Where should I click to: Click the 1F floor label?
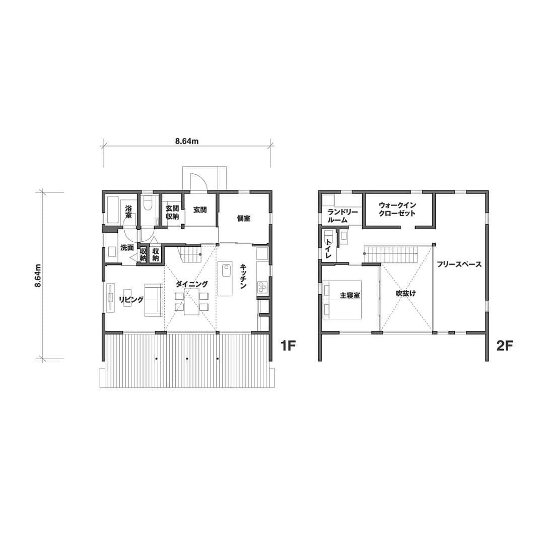288,346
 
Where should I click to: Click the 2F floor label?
505,346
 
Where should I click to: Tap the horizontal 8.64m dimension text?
187,141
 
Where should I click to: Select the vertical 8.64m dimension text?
38,276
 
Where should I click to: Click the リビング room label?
131,300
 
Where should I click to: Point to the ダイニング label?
192,284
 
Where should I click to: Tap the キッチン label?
243,276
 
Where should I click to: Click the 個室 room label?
244,219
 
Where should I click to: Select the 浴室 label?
128,212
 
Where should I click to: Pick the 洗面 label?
127,248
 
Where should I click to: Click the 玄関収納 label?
172,213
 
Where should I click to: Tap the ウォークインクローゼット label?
397,209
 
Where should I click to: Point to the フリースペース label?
459,264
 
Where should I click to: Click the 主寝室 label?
350,296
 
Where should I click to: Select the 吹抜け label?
406,294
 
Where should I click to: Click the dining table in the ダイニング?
191,302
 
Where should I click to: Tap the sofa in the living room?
154,300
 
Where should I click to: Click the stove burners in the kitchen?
262,286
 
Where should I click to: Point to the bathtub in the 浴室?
113,210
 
